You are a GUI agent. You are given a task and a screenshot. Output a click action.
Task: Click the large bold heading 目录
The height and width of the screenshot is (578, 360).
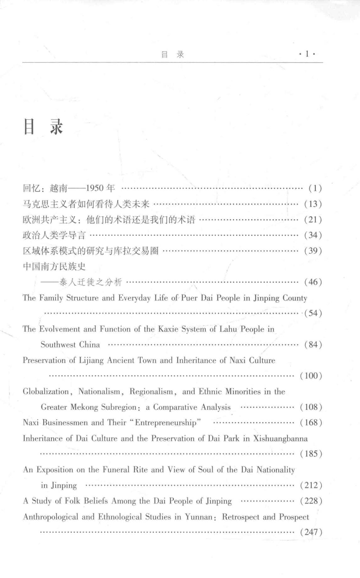point(43,127)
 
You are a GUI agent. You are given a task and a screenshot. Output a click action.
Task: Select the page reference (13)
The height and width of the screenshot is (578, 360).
point(313,204)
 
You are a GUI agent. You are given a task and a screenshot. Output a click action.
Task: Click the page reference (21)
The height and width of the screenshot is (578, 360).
point(313,220)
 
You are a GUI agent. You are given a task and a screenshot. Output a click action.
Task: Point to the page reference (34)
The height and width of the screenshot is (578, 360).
point(313,235)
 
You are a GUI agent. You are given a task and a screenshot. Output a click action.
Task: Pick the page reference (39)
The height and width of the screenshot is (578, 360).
point(313,251)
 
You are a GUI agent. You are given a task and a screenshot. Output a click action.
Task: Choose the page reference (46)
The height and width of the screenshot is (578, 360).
point(313,282)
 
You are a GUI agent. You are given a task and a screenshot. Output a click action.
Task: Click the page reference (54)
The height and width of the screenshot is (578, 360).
point(313,313)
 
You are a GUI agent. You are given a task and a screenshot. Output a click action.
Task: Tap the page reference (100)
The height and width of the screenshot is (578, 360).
point(311,376)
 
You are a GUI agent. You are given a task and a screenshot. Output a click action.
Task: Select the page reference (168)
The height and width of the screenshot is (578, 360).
point(311,423)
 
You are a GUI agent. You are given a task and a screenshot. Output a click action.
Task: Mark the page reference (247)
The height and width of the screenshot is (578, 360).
point(311,532)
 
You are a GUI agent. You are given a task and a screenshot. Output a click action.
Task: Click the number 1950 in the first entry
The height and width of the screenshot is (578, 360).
point(95,188)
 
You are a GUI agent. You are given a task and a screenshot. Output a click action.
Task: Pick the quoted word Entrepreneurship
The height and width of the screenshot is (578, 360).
point(166,423)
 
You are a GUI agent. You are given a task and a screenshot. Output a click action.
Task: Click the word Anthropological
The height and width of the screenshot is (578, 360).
point(50,517)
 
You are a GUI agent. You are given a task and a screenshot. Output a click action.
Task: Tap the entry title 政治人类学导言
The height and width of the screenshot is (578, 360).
point(54,235)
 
